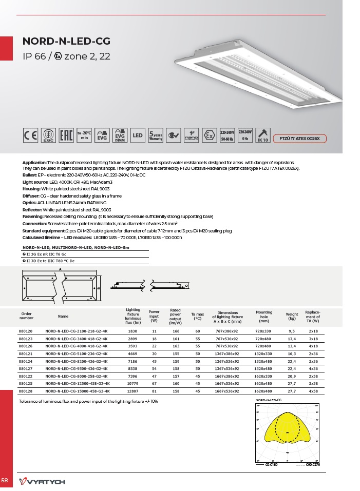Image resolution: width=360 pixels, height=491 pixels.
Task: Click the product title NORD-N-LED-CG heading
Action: click(x=66, y=42)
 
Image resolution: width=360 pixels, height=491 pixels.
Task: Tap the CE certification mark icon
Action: click(x=30, y=135)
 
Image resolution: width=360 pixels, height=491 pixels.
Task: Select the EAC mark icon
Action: click(x=66, y=135)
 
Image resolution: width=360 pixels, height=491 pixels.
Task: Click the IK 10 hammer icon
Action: click(x=263, y=135)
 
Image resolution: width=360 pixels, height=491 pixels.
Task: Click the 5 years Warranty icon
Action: click(x=156, y=135)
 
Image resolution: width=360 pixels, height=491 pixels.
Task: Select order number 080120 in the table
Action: click(x=26, y=332)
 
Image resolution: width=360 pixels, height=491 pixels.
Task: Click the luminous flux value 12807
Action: click(x=132, y=391)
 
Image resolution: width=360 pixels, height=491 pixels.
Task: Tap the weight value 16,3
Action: click(x=292, y=354)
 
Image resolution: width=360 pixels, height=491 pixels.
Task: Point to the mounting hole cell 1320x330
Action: click(x=263, y=354)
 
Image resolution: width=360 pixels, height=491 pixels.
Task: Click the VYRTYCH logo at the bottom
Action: click(x=42, y=481)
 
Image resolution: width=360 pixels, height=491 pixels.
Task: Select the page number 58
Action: click(x=5, y=480)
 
